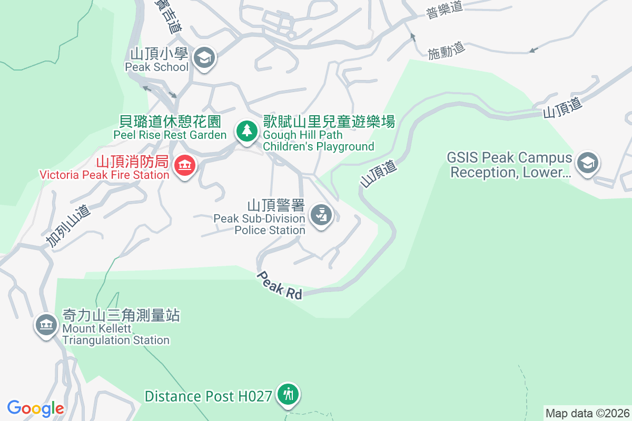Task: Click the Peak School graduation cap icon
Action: pos(204,57)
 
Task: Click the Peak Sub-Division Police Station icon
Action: pos(321,215)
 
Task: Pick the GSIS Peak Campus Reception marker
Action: pos(587,163)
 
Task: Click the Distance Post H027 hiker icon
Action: pos(288,393)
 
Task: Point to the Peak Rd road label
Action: pos(280,285)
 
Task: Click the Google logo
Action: pos(36,408)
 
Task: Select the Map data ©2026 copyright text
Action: pos(587,413)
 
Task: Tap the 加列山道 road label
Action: pos(68,226)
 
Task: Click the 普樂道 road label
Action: pos(444,11)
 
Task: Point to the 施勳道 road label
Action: pos(446,51)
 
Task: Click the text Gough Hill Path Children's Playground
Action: pos(318,141)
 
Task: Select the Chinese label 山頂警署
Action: pos(276,205)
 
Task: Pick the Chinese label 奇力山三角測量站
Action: pos(121,315)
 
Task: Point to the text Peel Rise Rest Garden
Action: pos(170,135)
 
